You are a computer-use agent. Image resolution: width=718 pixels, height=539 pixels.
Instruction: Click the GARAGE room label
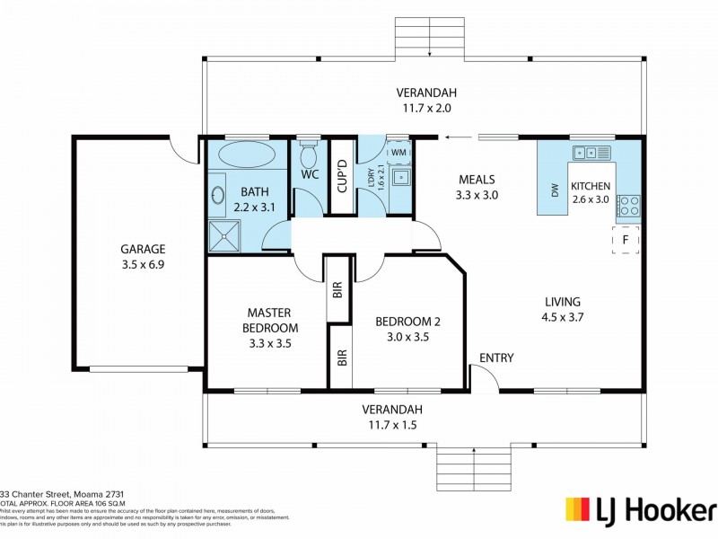point(144,249)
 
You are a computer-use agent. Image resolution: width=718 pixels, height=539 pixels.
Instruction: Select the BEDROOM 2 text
point(407,322)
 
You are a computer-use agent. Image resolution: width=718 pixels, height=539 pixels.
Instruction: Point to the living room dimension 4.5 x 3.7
point(563,316)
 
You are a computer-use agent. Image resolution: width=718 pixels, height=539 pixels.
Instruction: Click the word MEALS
point(477,179)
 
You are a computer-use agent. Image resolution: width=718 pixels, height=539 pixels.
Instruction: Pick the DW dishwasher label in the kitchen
point(554,190)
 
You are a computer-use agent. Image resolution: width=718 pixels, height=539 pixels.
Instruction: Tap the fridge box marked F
point(626,241)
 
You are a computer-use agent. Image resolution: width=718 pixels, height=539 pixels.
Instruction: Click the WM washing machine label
point(398,154)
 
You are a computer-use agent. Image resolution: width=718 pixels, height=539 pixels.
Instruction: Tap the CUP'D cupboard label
point(342,176)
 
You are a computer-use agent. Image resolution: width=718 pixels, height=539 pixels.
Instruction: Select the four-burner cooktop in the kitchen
point(628,206)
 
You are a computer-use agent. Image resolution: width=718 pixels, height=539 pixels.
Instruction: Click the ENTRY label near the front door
point(496,358)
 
